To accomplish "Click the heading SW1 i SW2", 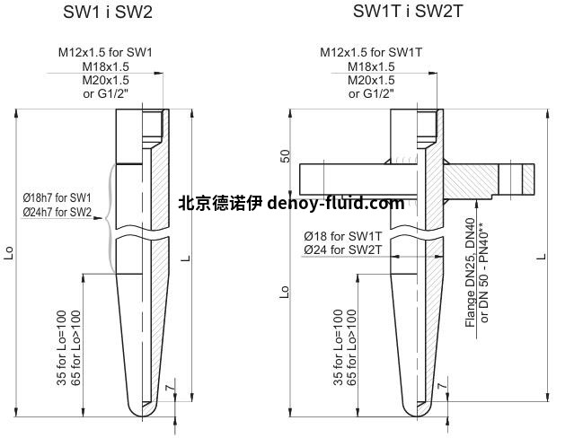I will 109,12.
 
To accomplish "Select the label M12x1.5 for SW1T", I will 370,52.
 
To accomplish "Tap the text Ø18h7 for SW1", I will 57,197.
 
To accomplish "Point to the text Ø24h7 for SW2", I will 57,211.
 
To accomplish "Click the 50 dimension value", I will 286,155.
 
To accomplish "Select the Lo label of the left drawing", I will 9,252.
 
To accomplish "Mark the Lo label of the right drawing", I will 286,293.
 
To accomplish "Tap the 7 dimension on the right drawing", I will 442,384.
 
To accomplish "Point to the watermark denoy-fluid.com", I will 334,203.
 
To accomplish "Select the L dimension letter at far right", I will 541,258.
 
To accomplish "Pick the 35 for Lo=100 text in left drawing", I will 62,347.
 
